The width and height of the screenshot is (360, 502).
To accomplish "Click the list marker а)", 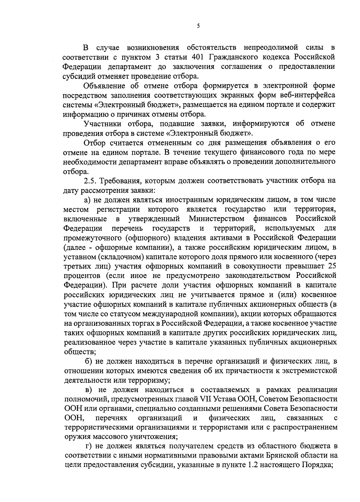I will (88, 200).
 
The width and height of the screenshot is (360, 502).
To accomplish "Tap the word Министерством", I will (217, 218).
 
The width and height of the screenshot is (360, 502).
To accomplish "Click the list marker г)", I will (88, 446).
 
